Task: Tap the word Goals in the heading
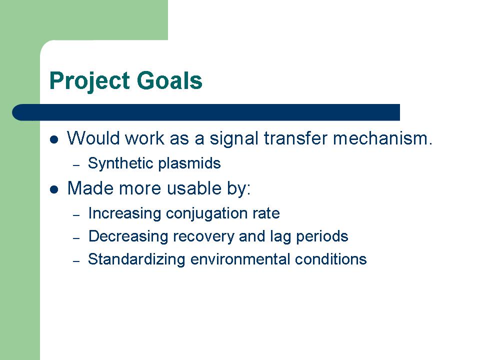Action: click(169, 80)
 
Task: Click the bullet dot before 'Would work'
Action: click(54, 139)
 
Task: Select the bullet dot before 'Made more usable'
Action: click(54, 189)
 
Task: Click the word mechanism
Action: click(382, 138)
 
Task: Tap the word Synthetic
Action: click(120, 163)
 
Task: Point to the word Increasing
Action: click(124, 214)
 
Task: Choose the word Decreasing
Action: click(128, 237)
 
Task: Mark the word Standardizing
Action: click(136, 260)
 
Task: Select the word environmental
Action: click(240, 259)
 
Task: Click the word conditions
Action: click(330, 259)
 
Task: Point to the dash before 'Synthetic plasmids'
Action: click(76, 165)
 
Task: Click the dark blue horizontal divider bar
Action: click(206, 112)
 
